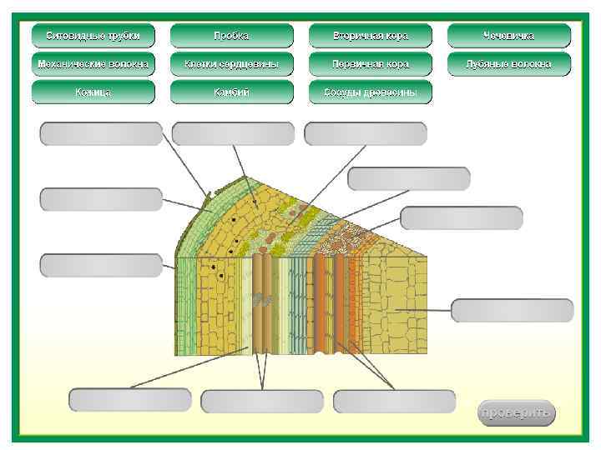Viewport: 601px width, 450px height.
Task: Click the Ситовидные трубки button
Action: (x=93, y=36)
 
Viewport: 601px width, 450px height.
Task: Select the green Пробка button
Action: (x=231, y=36)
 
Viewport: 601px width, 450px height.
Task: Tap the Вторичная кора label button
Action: (x=370, y=36)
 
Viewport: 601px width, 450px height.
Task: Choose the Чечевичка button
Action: (x=508, y=36)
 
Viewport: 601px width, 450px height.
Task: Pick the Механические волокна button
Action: (x=93, y=64)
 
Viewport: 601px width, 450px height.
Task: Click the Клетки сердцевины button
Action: (x=231, y=64)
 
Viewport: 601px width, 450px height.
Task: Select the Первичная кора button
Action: (x=370, y=64)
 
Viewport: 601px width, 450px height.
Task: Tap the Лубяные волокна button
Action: (x=508, y=64)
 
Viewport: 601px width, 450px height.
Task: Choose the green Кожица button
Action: (x=93, y=92)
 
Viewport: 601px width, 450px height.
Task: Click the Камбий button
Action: (x=231, y=92)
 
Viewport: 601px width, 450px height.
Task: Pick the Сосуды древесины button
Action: (x=370, y=92)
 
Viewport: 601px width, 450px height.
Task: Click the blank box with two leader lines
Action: (x=262, y=401)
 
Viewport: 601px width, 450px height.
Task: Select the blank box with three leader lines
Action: (x=394, y=401)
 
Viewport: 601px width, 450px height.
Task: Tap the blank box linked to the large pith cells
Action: (x=512, y=310)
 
